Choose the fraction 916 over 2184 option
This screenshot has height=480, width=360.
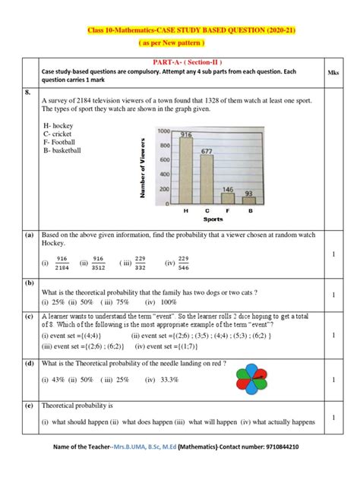click(62, 262)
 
